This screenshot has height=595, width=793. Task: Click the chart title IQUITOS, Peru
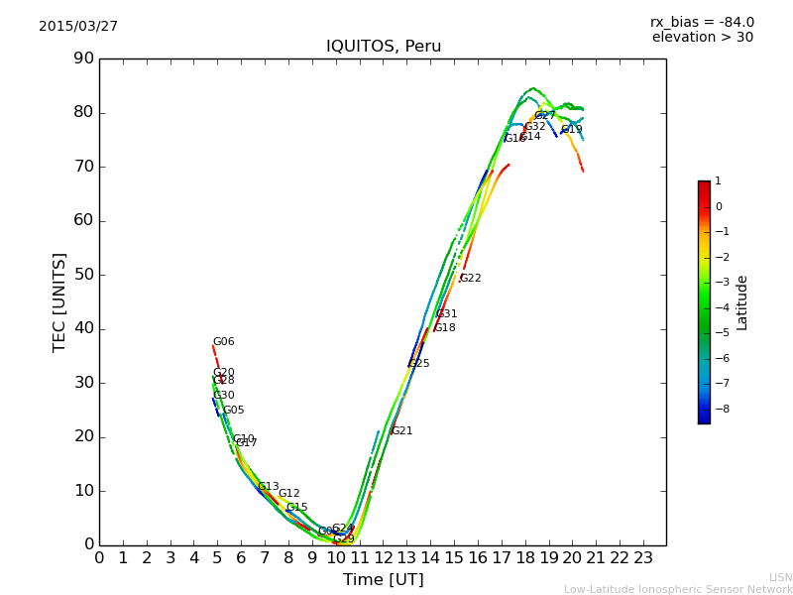[x=384, y=47]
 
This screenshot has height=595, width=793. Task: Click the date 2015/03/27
[x=78, y=26]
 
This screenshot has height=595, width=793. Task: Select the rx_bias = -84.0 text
[x=702, y=22]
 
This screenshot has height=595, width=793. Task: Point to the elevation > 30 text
[x=702, y=38]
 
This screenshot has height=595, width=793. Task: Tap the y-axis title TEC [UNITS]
[x=59, y=301]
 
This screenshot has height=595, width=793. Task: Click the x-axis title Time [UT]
[x=383, y=580]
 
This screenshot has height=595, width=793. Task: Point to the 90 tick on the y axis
[x=82, y=59]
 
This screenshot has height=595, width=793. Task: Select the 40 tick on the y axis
[x=82, y=328]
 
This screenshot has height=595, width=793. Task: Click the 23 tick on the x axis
[x=643, y=557]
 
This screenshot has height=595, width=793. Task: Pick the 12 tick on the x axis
[x=384, y=557]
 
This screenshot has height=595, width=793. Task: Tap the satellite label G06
[x=224, y=342]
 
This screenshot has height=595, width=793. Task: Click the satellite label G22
[x=471, y=279]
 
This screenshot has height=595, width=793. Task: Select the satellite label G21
[x=402, y=431]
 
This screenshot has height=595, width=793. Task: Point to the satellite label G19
[x=572, y=130]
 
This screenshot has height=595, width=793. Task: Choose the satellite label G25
[x=419, y=364]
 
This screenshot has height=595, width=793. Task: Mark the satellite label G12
[x=289, y=494]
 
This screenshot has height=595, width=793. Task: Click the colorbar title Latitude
[x=742, y=302]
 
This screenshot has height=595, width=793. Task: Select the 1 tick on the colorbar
[x=718, y=181]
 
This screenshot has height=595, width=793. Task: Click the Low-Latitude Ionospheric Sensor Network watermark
[x=678, y=590]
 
